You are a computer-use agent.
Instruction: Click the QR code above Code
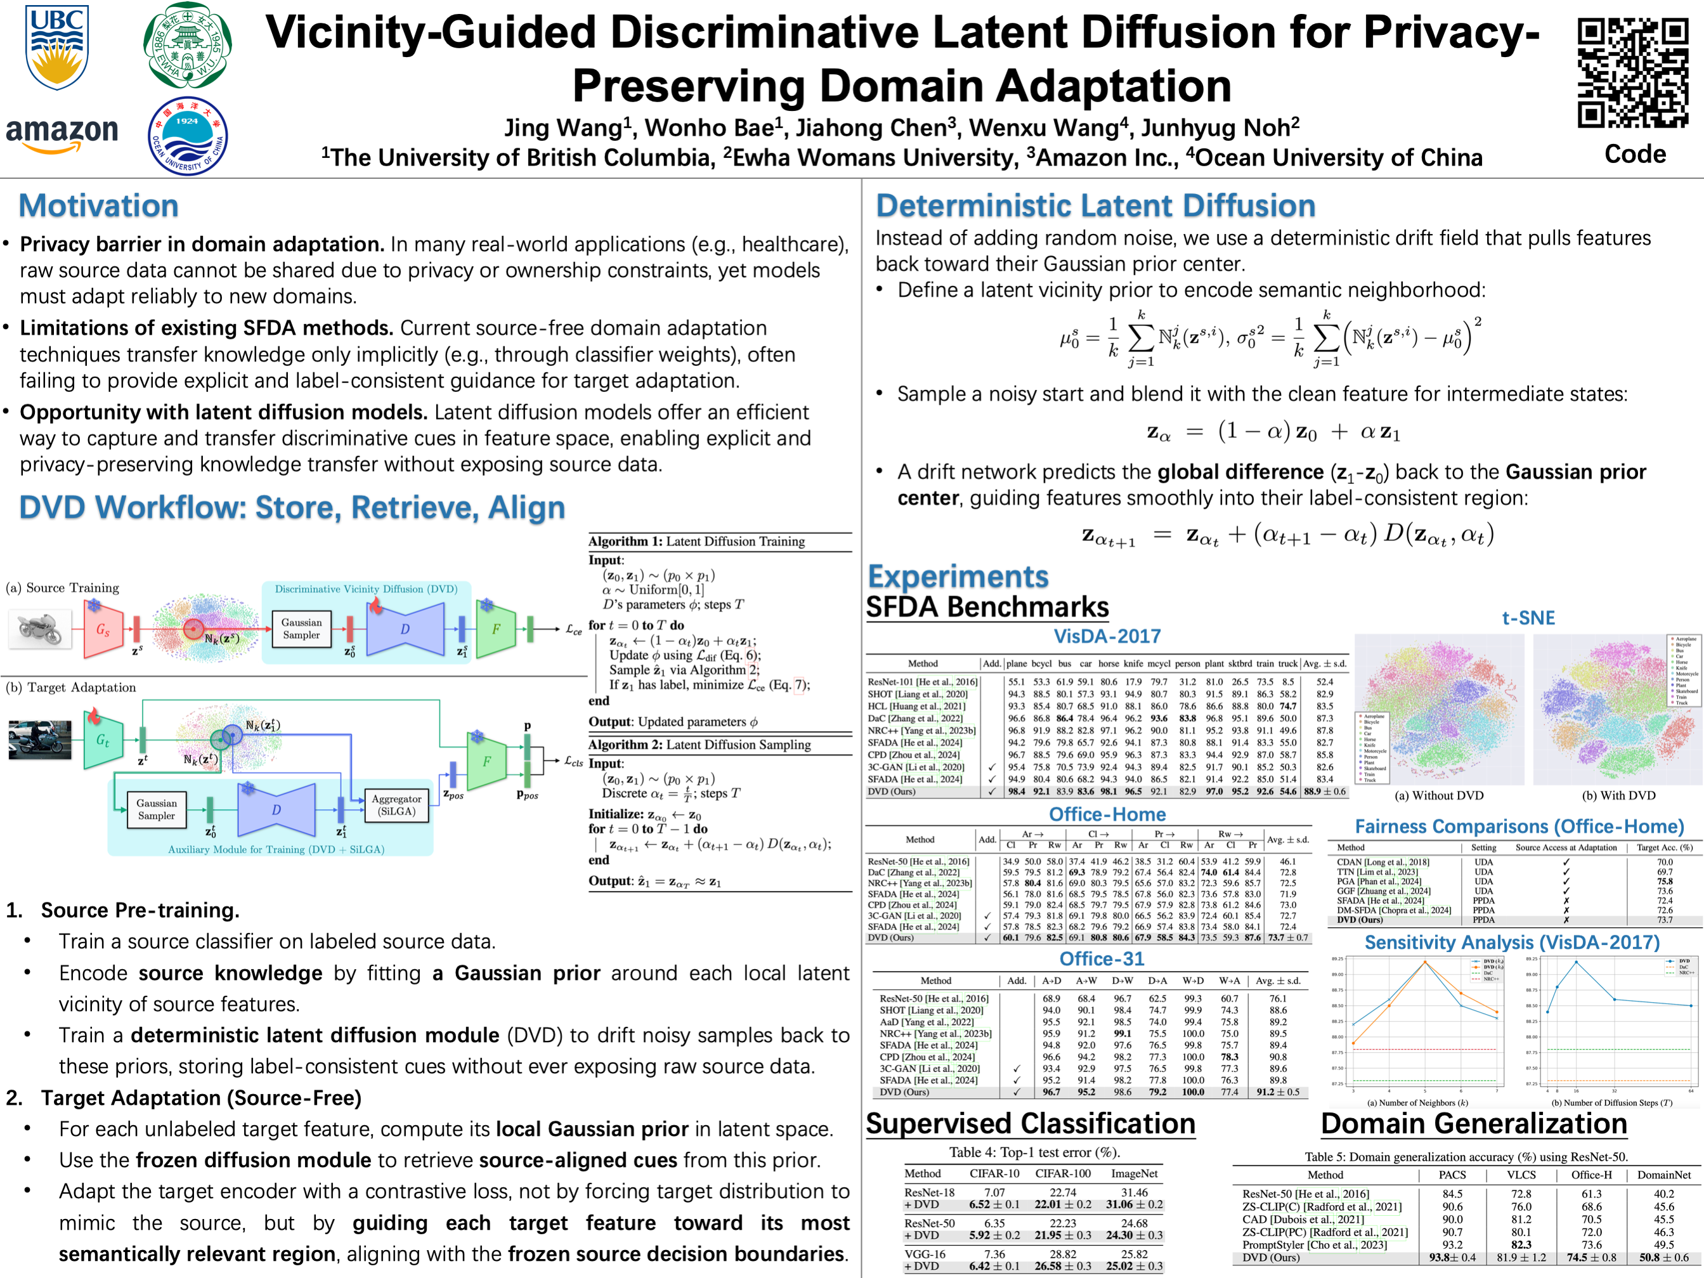pos(1632,73)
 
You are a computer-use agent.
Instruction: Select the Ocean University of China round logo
pos(187,136)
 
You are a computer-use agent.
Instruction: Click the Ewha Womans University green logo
pos(187,44)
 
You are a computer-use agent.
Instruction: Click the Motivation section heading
pos(98,205)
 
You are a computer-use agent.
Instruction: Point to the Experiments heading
pos(958,577)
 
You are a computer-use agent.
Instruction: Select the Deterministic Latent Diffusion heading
pos(1095,205)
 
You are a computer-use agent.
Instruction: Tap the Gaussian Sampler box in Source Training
pos(301,629)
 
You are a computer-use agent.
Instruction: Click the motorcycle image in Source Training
pos(39,628)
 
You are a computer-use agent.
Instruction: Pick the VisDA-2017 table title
pos(1107,636)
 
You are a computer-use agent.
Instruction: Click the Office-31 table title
pos(1102,959)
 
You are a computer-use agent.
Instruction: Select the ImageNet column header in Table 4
pos(1134,1173)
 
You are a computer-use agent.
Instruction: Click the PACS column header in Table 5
pos(1452,1175)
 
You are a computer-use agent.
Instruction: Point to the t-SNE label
pos(1528,618)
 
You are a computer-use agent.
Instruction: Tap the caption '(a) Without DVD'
pos(1438,796)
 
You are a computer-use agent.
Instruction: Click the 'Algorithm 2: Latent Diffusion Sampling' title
pos(699,745)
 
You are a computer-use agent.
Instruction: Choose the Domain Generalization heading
pos(1474,1124)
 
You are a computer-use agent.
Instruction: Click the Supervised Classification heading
pos(1030,1124)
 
